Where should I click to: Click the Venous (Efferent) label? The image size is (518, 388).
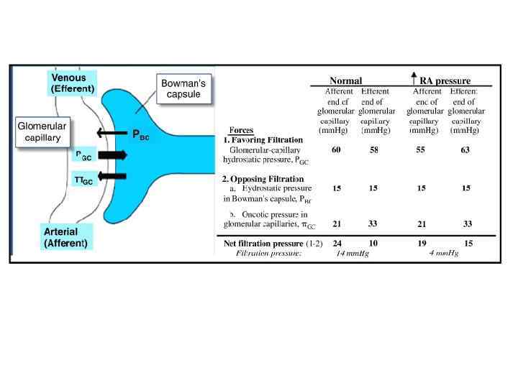pyautogui.click(x=72, y=83)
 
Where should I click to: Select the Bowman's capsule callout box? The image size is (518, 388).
pyautogui.click(x=183, y=89)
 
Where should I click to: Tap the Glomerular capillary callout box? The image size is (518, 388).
pyautogui.click(x=42, y=132)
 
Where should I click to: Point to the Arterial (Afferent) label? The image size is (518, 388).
pyautogui.click(x=65, y=238)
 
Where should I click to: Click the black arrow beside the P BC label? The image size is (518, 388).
pyautogui.click(x=112, y=133)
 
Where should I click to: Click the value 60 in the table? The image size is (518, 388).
pyautogui.click(x=336, y=150)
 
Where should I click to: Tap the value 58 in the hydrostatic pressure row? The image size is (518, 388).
pyautogui.click(x=373, y=150)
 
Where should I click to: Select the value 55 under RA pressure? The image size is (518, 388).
pyautogui.click(x=421, y=150)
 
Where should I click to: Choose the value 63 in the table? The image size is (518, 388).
pyautogui.click(x=465, y=150)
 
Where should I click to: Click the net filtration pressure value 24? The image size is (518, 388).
pyautogui.click(x=337, y=243)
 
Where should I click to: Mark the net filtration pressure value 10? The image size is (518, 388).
pyautogui.click(x=373, y=243)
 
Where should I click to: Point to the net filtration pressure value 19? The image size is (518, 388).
pyautogui.click(x=422, y=243)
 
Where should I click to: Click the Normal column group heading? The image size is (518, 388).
pyautogui.click(x=345, y=80)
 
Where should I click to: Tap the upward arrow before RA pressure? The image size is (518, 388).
pyautogui.click(x=414, y=79)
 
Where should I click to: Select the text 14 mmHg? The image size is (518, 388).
pyautogui.click(x=353, y=254)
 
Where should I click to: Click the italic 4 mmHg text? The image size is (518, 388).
pyautogui.click(x=443, y=254)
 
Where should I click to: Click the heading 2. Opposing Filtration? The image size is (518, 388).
pyautogui.click(x=263, y=178)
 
